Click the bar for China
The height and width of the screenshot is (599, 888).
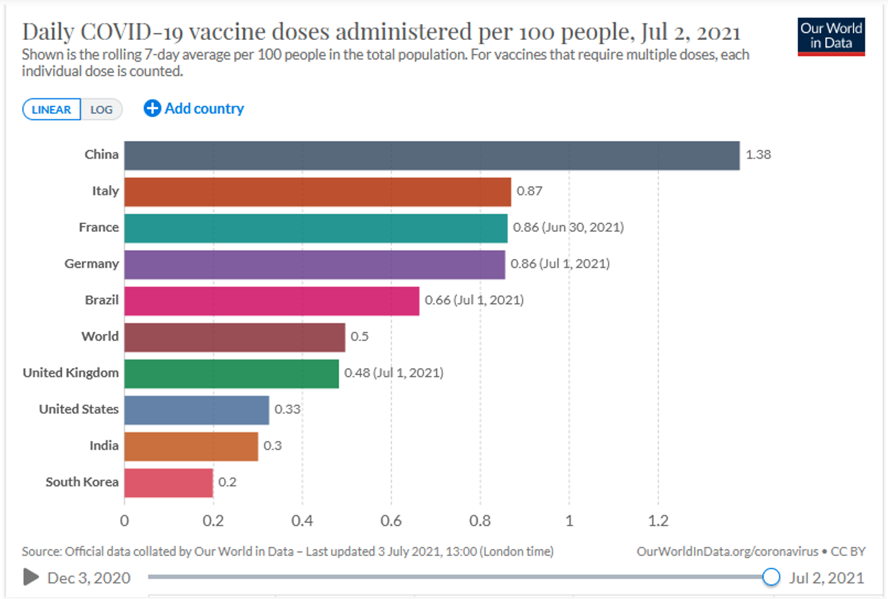point(431,155)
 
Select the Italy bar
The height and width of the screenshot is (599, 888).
point(317,192)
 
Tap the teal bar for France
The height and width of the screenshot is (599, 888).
point(315,228)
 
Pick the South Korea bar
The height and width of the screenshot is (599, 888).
point(168,483)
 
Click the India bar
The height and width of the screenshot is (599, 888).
point(191,447)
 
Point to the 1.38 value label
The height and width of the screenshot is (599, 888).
point(758,155)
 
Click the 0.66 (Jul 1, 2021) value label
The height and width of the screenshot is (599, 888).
point(474,300)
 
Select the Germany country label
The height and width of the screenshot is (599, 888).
point(91,264)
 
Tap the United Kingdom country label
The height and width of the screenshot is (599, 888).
point(70,373)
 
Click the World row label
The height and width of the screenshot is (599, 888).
point(100,337)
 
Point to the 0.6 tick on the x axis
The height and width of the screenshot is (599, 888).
point(391,521)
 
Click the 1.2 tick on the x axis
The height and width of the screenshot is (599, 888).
point(658,521)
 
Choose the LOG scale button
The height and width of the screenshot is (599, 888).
point(101,110)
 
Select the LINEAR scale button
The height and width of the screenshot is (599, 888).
point(51,110)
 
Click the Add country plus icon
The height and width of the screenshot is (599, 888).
point(152,109)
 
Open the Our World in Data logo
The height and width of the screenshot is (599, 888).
point(831,37)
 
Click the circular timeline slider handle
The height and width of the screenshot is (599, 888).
point(771,577)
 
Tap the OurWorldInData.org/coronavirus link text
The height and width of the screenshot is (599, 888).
point(727,551)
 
